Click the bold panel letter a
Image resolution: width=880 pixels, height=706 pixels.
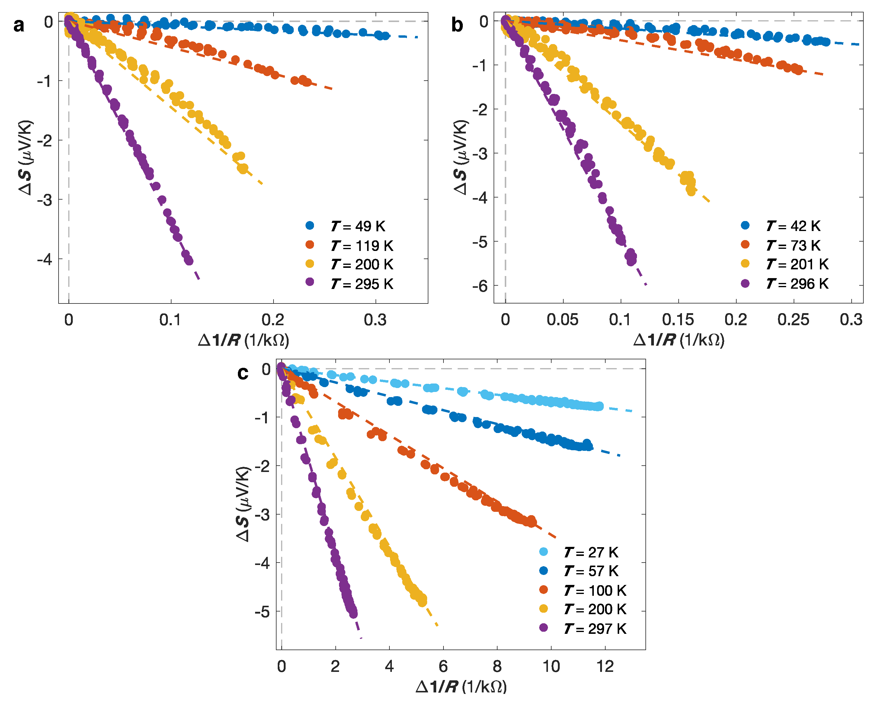(x=18, y=25)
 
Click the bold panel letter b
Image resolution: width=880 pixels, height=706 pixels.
(x=457, y=25)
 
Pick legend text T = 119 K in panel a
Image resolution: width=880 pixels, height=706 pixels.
(x=361, y=245)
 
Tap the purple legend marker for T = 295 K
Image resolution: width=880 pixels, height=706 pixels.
(x=310, y=282)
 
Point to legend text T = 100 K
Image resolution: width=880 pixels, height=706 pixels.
(x=595, y=590)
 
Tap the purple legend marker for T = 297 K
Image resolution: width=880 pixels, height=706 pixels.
(x=543, y=627)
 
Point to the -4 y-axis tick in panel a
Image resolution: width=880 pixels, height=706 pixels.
(x=45, y=259)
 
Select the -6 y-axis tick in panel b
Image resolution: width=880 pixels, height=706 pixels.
(x=480, y=286)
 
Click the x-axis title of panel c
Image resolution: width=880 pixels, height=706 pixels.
(x=461, y=687)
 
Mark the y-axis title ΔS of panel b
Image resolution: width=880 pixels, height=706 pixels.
(x=460, y=157)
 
